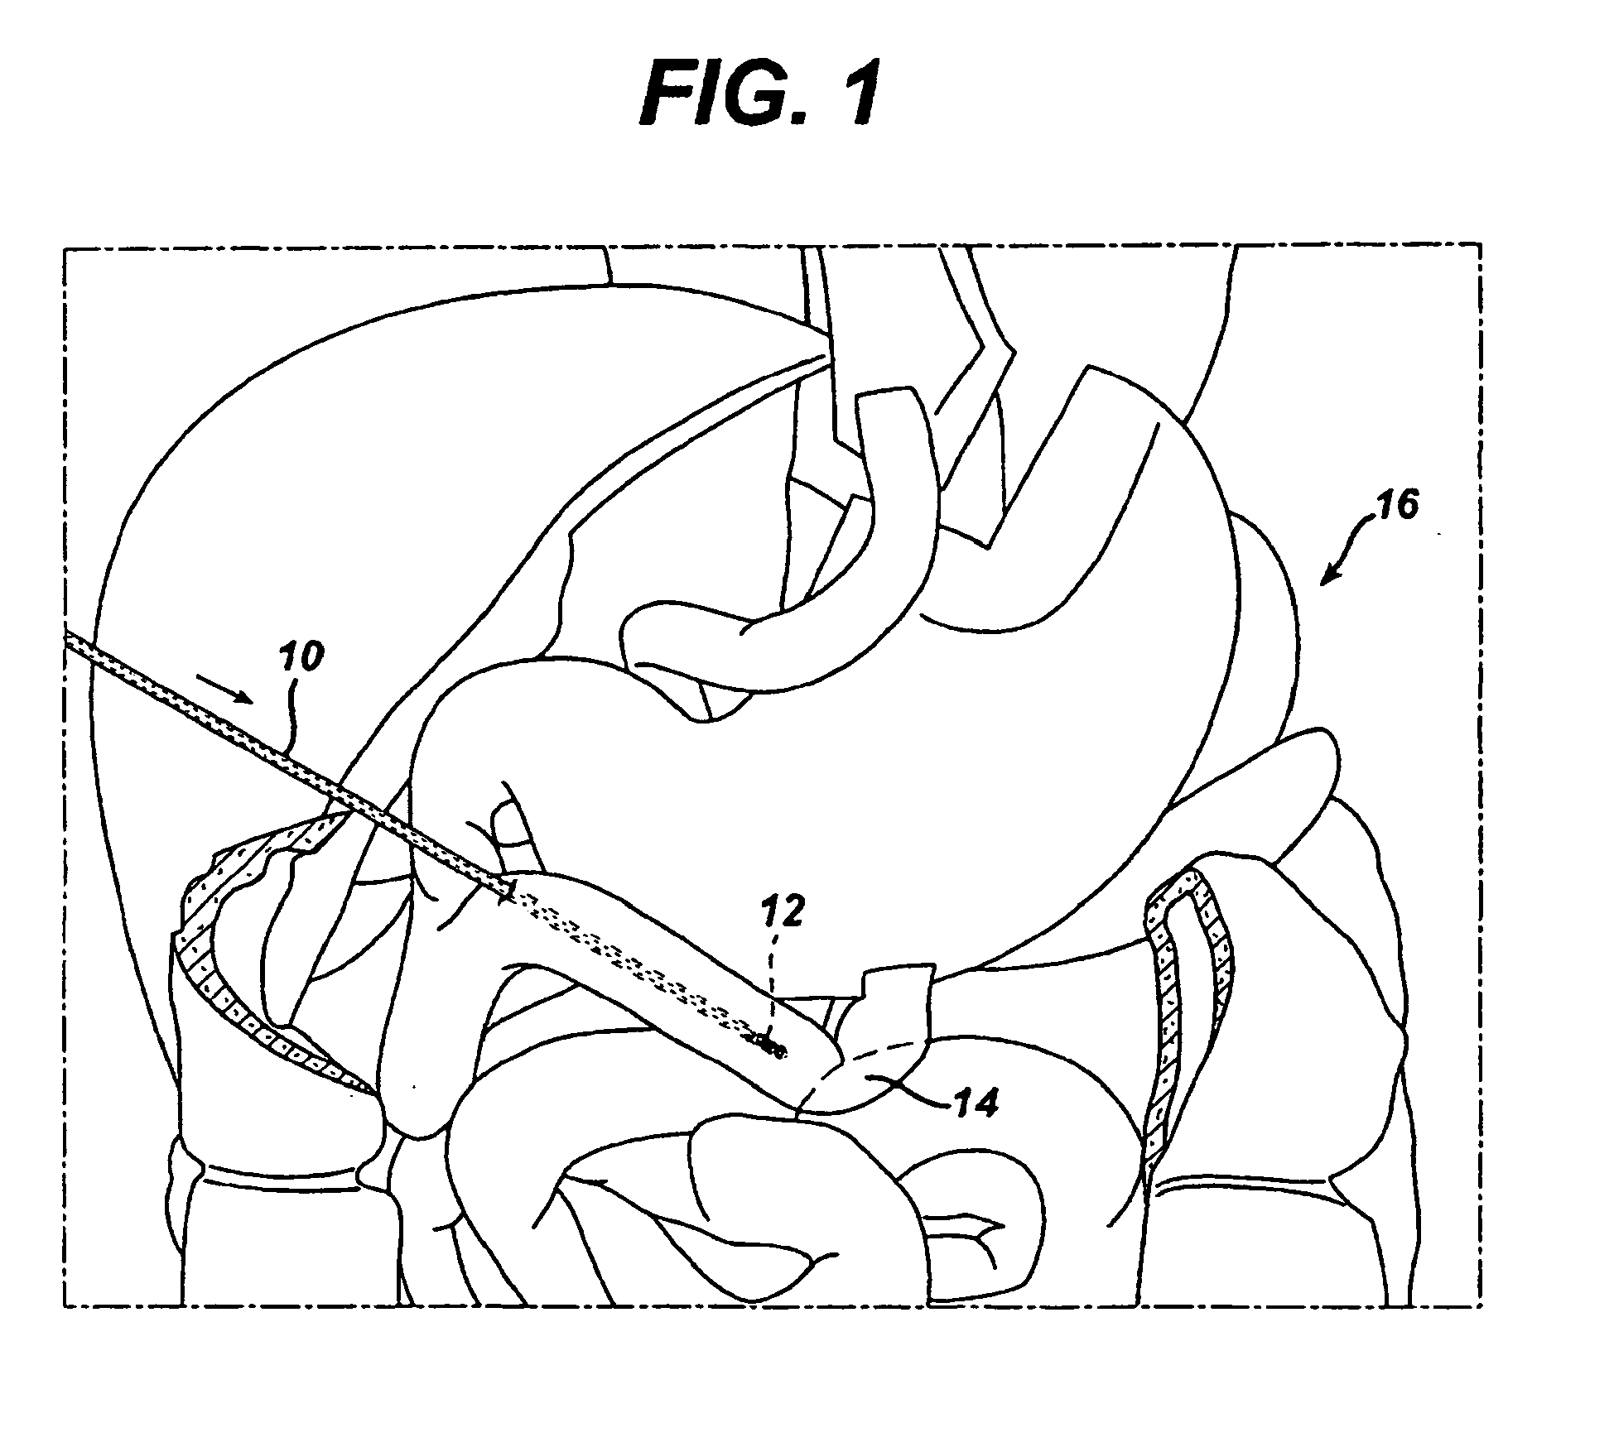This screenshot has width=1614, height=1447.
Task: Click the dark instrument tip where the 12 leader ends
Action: click(770, 1049)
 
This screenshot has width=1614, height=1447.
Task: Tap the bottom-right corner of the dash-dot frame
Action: click(1480, 1305)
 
